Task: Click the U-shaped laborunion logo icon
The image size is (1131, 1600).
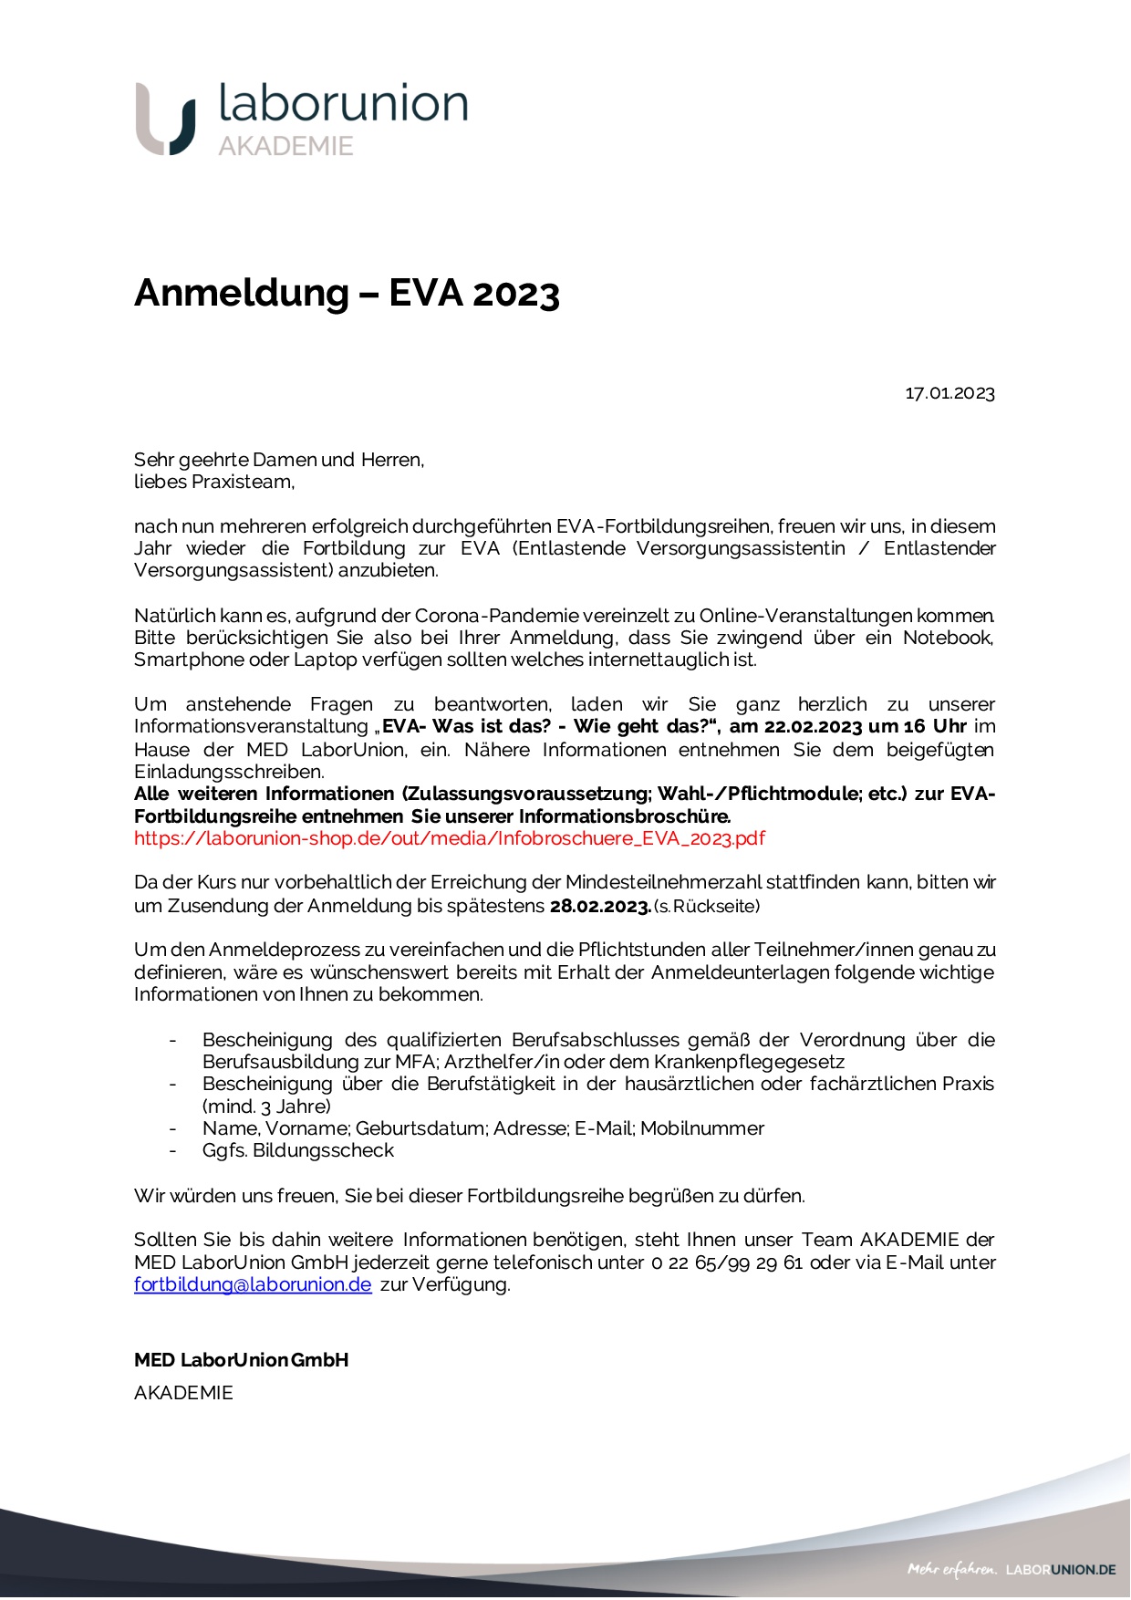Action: (166, 119)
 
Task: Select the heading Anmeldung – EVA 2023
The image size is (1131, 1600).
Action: (347, 293)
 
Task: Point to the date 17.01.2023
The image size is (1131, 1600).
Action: (949, 393)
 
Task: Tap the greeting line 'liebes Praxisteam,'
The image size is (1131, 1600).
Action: (214, 482)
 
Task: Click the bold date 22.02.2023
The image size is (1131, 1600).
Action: (813, 727)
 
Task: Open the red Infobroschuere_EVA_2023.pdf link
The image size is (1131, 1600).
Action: (450, 838)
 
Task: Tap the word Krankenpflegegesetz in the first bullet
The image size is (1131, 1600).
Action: (749, 1062)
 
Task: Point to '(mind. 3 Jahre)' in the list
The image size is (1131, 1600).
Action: (266, 1106)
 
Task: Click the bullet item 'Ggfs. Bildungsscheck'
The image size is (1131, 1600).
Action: (298, 1150)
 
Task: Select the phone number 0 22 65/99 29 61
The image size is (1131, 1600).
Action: (727, 1262)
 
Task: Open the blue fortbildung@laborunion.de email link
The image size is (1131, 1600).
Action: (253, 1284)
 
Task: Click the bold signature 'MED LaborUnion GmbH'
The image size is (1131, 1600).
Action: (241, 1360)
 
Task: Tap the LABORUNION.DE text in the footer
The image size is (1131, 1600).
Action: (1061, 1570)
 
